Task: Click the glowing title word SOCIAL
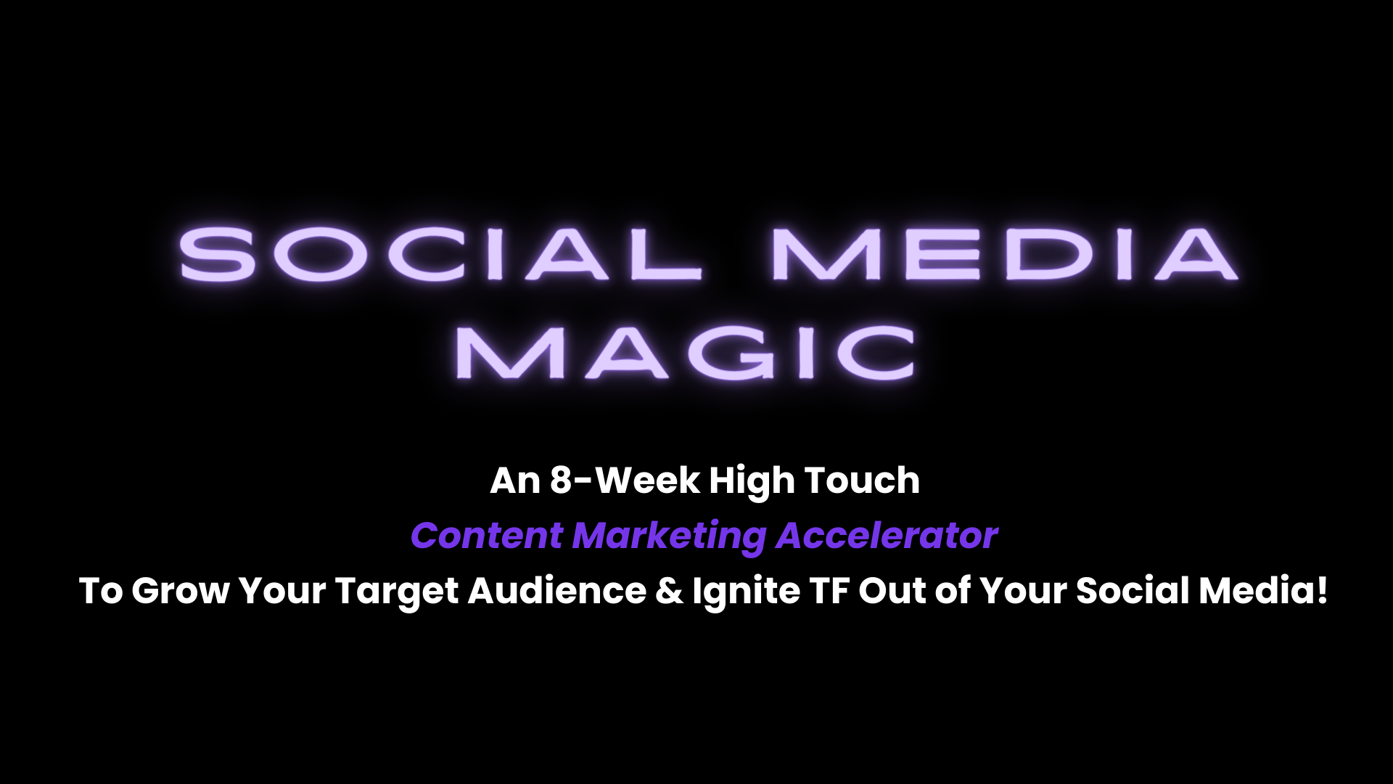440,253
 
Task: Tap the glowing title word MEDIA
1004,253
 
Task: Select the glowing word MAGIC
685,352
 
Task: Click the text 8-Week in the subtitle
625,481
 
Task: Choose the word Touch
862,481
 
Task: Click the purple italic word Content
487,536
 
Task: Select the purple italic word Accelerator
887,536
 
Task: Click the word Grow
181,591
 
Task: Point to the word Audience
557,591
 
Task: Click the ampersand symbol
669,591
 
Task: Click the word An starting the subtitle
515,481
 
